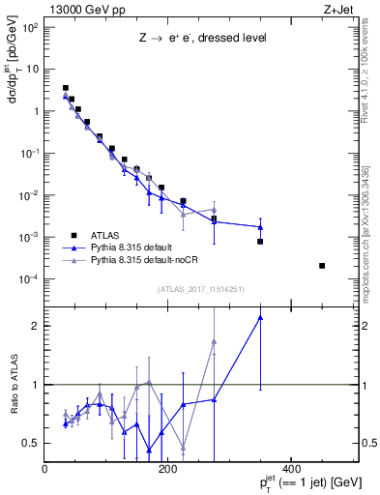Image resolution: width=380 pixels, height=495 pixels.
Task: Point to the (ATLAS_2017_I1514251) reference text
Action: (x=199, y=289)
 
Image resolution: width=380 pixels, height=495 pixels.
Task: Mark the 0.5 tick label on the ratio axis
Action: (x=32, y=443)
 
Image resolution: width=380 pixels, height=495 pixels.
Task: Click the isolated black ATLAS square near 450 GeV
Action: (x=322, y=265)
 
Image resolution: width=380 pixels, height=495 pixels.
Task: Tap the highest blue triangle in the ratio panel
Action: (x=260, y=317)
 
